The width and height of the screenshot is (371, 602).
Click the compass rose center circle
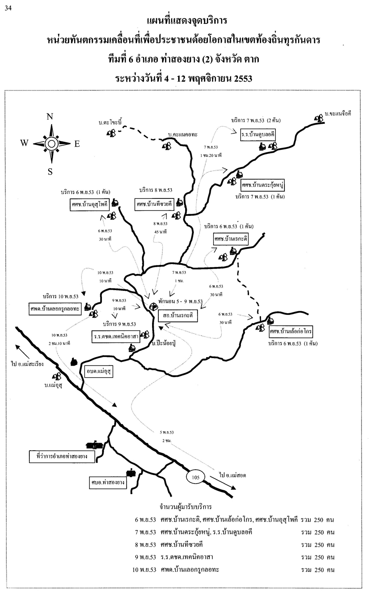pos(51,144)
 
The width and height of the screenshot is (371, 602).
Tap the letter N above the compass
pos(50,116)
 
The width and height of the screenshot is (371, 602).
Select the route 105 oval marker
pos(196,477)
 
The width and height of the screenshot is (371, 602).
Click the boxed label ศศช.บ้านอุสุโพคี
pos(87,205)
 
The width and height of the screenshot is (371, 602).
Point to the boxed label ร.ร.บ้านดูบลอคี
pos(258,135)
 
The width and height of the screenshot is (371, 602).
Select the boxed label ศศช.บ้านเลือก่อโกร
pos(291,331)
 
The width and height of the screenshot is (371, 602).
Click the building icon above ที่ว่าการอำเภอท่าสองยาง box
pos(94,445)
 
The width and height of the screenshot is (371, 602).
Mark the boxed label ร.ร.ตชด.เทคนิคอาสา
pos(116,337)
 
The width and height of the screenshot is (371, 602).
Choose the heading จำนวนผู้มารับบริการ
pos(185,506)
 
